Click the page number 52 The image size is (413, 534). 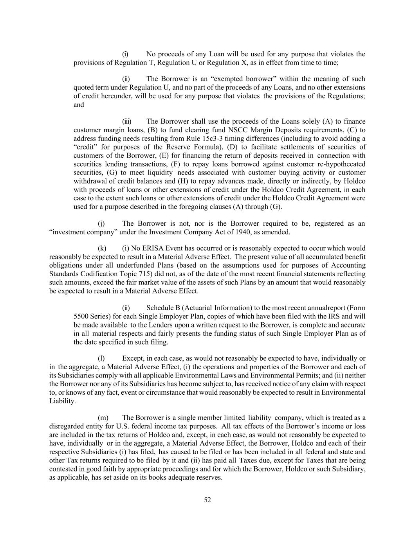207,500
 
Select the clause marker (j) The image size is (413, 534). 101,223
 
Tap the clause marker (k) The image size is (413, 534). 101,248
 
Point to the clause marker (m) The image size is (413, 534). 103,417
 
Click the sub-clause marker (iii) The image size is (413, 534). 127,121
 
